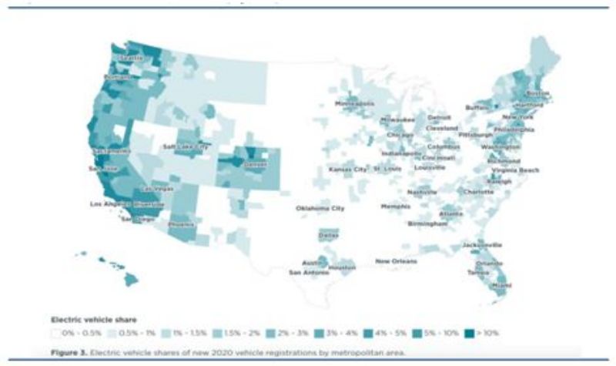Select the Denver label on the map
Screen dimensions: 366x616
click(255, 164)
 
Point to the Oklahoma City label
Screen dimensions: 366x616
click(320, 209)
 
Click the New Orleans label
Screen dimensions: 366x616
click(397, 262)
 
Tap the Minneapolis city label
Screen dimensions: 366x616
click(354, 102)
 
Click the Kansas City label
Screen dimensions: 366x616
click(347, 169)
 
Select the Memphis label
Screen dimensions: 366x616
click(396, 207)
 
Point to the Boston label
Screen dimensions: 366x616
click(538, 93)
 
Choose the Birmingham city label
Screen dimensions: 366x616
click(427, 223)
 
